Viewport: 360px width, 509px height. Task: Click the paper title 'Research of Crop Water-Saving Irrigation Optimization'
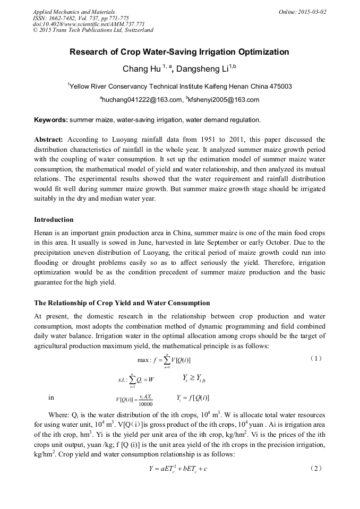click(179, 52)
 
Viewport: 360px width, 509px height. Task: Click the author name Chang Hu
click(136, 69)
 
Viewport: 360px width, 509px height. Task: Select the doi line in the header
click(89, 24)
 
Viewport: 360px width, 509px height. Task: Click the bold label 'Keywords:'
click(51, 120)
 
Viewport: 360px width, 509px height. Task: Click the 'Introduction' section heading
click(54, 219)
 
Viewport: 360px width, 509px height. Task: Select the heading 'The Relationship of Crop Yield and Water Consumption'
click(122, 303)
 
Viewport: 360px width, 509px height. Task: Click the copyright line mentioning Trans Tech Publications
click(93, 30)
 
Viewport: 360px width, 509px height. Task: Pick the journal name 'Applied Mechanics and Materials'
click(73, 11)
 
